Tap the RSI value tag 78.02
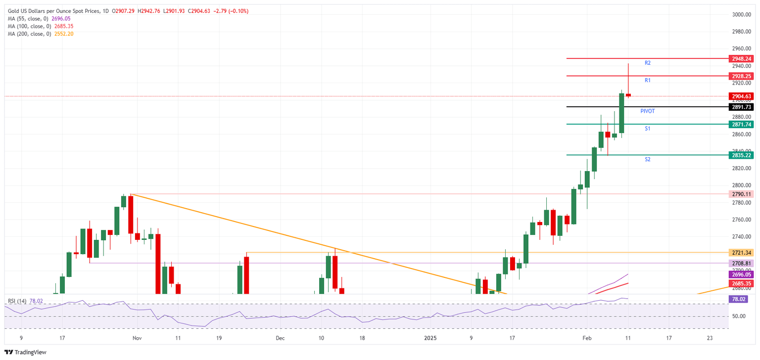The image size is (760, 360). pos(739,299)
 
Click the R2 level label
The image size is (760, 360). pos(647,63)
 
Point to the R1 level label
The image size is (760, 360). pos(647,80)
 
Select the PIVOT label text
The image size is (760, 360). pos(647,112)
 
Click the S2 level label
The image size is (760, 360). pos(647,160)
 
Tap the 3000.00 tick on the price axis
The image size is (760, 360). pos(742,15)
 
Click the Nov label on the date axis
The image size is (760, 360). pos(138,338)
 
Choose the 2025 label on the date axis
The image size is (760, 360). pos(430,338)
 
